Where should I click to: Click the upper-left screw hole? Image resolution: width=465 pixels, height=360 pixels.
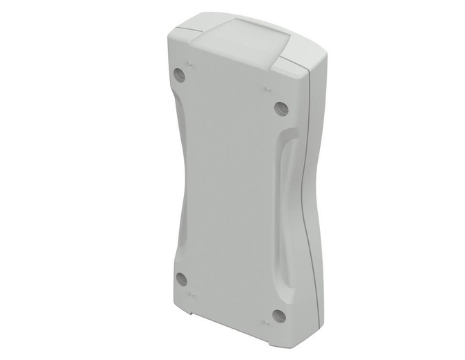coord(180,75)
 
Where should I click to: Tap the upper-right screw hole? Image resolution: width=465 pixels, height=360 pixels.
coord(280,108)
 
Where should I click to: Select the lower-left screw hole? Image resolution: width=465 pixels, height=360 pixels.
coord(182,279)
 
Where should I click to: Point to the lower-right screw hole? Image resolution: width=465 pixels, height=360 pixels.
coord(279,316)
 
